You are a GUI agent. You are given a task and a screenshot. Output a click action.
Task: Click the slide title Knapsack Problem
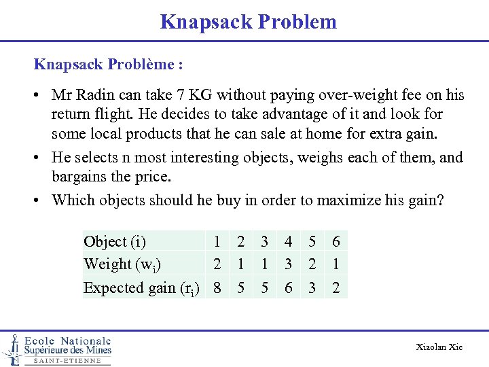click(248, 22)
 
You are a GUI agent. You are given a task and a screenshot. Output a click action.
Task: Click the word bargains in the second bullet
click(80, 177)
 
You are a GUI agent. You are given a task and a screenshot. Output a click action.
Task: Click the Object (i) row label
click(115, 241)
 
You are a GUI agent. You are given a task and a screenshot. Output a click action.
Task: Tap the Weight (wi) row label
click(122, 264)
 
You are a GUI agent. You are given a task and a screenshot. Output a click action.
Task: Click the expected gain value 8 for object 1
click(217, 287)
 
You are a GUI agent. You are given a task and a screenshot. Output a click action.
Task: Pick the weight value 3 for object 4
click(289, 264)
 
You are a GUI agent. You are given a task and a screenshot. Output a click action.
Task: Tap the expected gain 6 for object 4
click(289, 287)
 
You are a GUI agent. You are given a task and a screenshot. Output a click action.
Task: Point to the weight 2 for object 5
click(312, 264)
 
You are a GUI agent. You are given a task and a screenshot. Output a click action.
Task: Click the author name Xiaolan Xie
click(439, 347)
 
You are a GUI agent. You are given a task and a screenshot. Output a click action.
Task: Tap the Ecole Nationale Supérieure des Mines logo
click(58, 349)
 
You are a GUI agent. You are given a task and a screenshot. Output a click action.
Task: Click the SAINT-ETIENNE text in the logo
click(67, 361)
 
